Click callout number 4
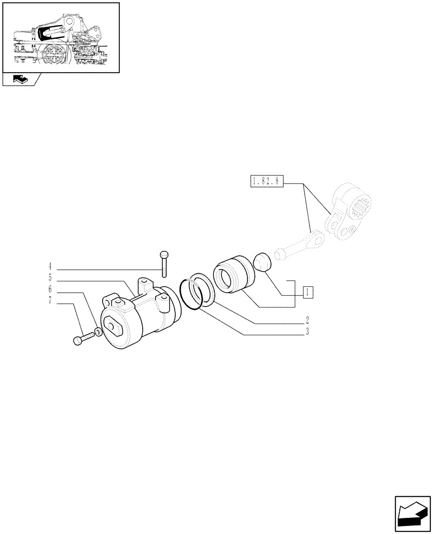tap(50, 266)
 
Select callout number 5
tap(50, 278)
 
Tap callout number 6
tap(50, 289)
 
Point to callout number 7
tap(50, 301)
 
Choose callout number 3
tap(307, 332)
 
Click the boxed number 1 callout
tap(307, 292)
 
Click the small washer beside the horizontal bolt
tap(98, 333)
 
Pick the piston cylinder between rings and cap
tap(234, 276)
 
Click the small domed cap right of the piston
tap(262, 262)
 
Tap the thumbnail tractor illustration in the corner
tap(60, 37)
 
